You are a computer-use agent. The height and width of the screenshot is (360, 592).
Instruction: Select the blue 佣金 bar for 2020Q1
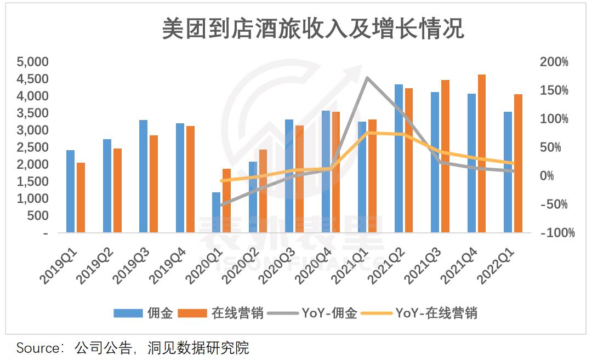pos(216,213)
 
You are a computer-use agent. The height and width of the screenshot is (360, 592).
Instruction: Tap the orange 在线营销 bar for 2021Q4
pos(482,153)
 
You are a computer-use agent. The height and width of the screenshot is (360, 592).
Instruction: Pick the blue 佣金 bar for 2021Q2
pos(399,158)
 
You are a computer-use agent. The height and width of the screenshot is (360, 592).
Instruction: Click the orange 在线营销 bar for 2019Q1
pos(81,197)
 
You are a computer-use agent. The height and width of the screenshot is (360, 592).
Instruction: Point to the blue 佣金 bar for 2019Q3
pos(143,176)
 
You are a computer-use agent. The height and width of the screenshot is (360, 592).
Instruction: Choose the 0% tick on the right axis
pos(548,176)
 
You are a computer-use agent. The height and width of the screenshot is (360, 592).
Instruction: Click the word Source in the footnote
pos(37,348)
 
